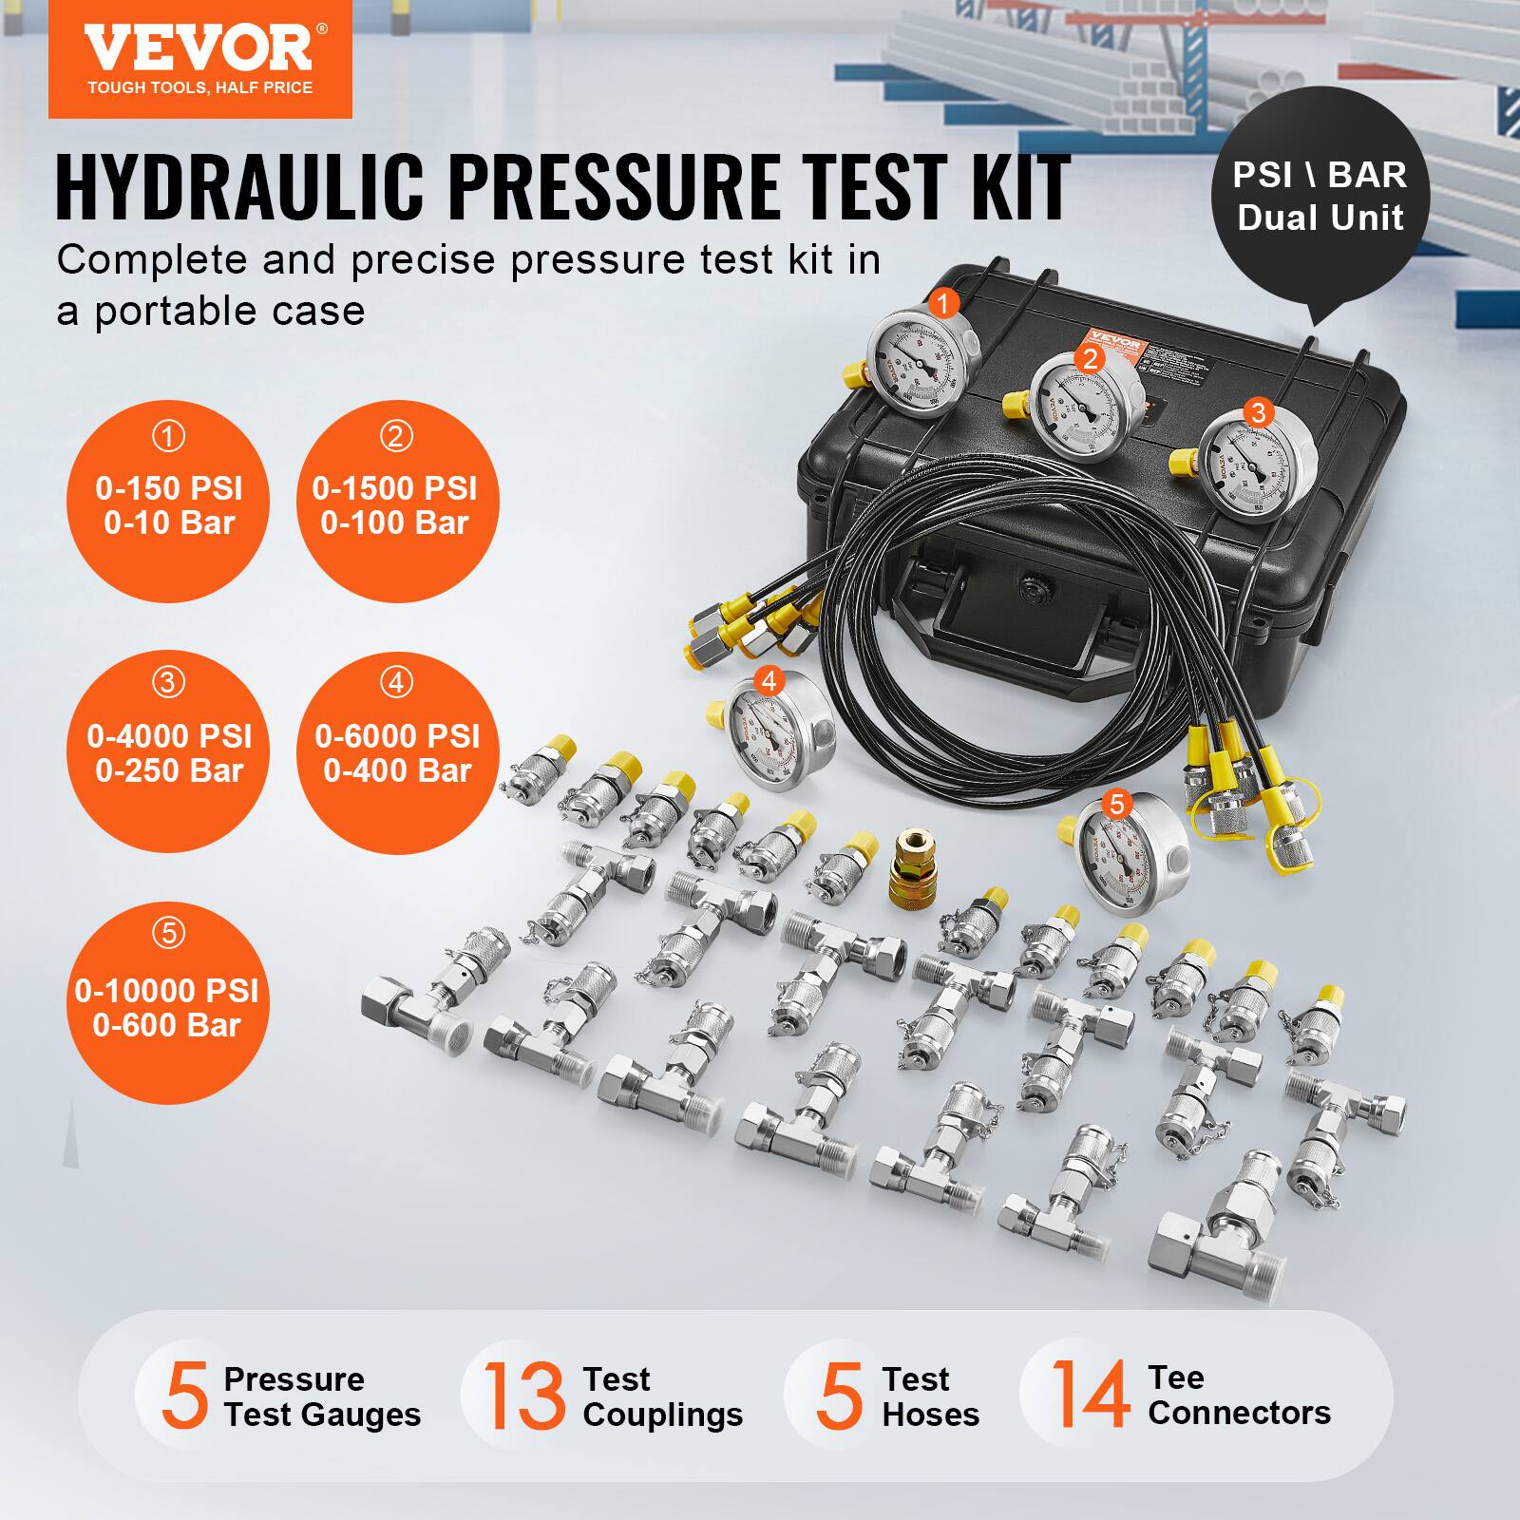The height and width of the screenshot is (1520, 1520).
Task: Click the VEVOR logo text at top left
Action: pos(198,47)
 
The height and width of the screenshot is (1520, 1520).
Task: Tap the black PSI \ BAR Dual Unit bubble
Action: pos(1320,197)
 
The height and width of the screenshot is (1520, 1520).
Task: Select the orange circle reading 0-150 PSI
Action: pos(168,503)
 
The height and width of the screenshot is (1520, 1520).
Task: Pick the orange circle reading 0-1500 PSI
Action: pos(395,503)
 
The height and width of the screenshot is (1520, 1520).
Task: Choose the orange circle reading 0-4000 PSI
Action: pos(168,750)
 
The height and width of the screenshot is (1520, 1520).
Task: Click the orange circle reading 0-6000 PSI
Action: pos(397,750)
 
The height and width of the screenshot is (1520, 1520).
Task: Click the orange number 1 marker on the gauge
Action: pos(942,304)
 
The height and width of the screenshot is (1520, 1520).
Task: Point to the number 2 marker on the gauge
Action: pos(1090,358)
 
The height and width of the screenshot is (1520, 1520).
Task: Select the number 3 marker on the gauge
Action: pos(1259,412)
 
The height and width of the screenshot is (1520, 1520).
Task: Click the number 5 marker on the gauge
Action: pos(1116,805)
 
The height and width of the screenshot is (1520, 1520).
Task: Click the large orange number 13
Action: pos(523,1396)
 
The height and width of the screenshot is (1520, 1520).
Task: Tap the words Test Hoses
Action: pos(929,1396)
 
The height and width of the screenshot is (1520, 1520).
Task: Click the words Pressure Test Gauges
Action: pos(321,1396)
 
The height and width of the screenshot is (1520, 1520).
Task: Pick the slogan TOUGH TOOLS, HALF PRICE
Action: pos(199,87)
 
